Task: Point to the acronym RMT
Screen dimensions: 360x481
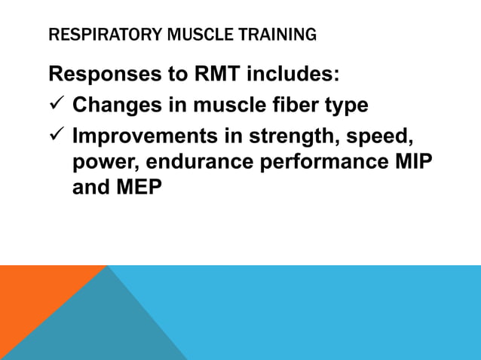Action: [x=225, y=75]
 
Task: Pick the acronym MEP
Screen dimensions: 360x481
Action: [x=139, y=188]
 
